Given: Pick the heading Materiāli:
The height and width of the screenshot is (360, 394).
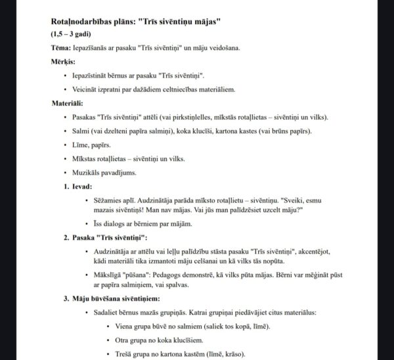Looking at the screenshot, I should point(69,102).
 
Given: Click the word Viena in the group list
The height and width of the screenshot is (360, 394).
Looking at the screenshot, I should point(125,326).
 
